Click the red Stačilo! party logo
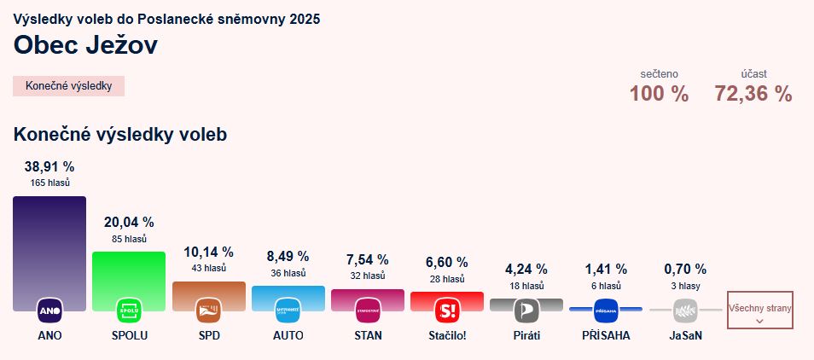point(447,310)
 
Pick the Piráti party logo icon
point(526,310)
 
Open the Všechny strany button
point(759,310)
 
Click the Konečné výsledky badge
point(69,86)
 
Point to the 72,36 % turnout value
point(753,95)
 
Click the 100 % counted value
point(659,95)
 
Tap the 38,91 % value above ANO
point(49,166)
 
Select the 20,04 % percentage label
point(129,222)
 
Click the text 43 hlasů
point(208,268)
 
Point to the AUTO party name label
point(288,335)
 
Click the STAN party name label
point(368,335)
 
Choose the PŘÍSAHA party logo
point(606,310)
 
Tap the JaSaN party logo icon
point(685,310)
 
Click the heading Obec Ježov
point(85,45)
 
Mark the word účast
point(753,74)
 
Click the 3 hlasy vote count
point(685,286)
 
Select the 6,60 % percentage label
point(447,262)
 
